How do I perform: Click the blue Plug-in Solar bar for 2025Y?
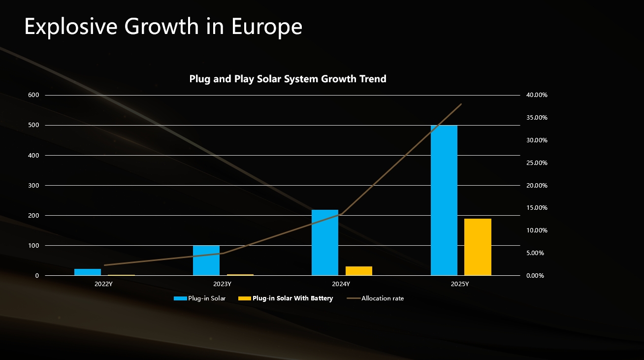point(444,200)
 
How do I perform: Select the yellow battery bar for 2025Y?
point(478,247)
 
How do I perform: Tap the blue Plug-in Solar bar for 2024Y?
point(325,242)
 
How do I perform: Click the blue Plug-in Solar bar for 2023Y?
point(206,260)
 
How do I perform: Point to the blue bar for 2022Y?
point(88,272)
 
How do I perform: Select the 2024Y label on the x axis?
point(341,284)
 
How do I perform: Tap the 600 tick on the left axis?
point(34,95)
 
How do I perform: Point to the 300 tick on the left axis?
point(34,185)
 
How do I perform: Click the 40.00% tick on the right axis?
point(537,95)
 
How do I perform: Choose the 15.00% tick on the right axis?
point(537,208)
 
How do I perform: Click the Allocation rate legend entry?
point(382,298)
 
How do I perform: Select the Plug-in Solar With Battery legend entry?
point(292,298)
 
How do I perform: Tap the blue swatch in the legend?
point(180,298)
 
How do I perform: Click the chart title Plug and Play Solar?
point(288,79)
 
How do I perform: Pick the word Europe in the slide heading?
point(265,27)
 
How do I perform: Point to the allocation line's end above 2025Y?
point(461,104)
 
